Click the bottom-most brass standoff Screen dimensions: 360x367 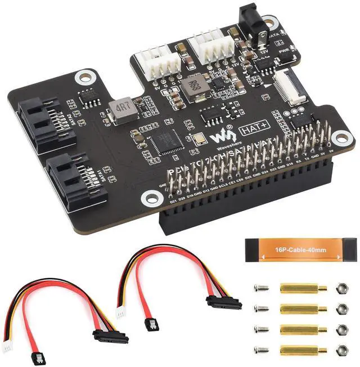click(x=303, y=349)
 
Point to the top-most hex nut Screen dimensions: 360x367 click(x=341, y=288)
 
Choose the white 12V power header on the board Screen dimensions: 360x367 click(x=209, y=46)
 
